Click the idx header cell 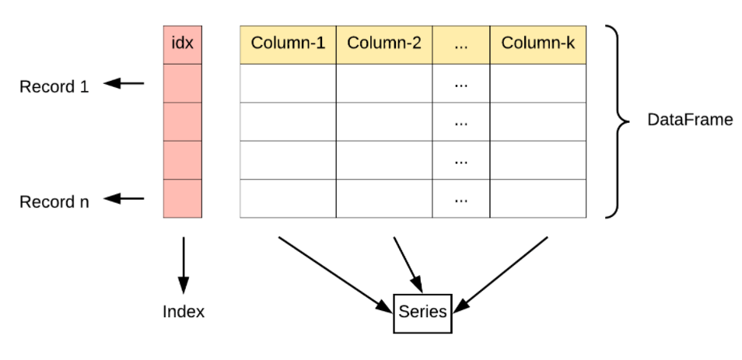[182, 44]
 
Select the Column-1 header [288, 44]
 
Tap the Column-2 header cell [384, 44]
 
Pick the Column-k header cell [537, 44]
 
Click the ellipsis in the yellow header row [461, 44]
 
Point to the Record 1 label [54, 86]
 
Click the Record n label [54, 202]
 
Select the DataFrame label [690, 121]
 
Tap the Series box [422, 312]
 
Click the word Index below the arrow [184, 312]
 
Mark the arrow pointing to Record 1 [124, 83]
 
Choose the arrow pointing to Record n [124, 199]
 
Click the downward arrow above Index [184, 264]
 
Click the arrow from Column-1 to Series [334, 272]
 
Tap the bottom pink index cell [182, 198]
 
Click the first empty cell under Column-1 [288, 82]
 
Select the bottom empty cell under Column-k [537, 198]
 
